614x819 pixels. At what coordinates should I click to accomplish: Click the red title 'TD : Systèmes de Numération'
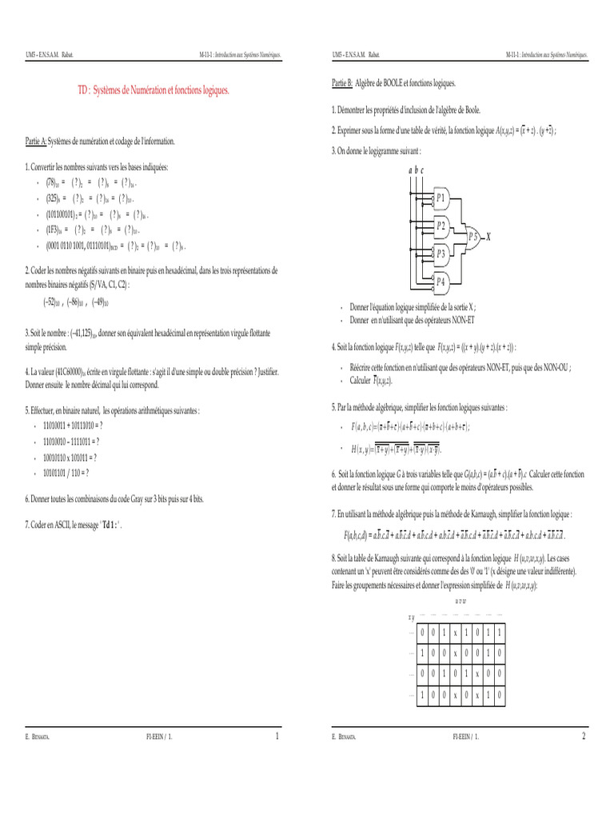pyautogui.click(x=153, y=92)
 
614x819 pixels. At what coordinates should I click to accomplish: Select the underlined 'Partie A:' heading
pyautogui.click(x=36, y=142)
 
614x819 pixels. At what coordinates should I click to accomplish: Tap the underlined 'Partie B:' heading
pyautogui.click(x=343, y=83)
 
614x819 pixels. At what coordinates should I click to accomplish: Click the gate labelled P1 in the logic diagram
pyautogui.click(x=441, y=198)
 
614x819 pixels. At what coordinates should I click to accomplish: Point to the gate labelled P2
pyautogui.click(x=441, y=226)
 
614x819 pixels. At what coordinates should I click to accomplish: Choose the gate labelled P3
pyautogui.click(x=441, y=253)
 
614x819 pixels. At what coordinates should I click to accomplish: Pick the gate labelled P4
pyautogui.click(x=441, y=281)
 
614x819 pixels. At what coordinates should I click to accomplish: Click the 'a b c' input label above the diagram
pyautogui.click(x=416, y=170)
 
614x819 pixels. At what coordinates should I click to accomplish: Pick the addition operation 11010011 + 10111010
pyautogui.click(x=73, y=425)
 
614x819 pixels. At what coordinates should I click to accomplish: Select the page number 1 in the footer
pyautogui.click(x=277, y=736)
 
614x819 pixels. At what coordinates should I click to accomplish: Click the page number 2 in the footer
pyautogui.click(x=584, y=736)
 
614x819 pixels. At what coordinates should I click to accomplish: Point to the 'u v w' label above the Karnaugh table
pyautogui.click(x=461, y=600)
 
